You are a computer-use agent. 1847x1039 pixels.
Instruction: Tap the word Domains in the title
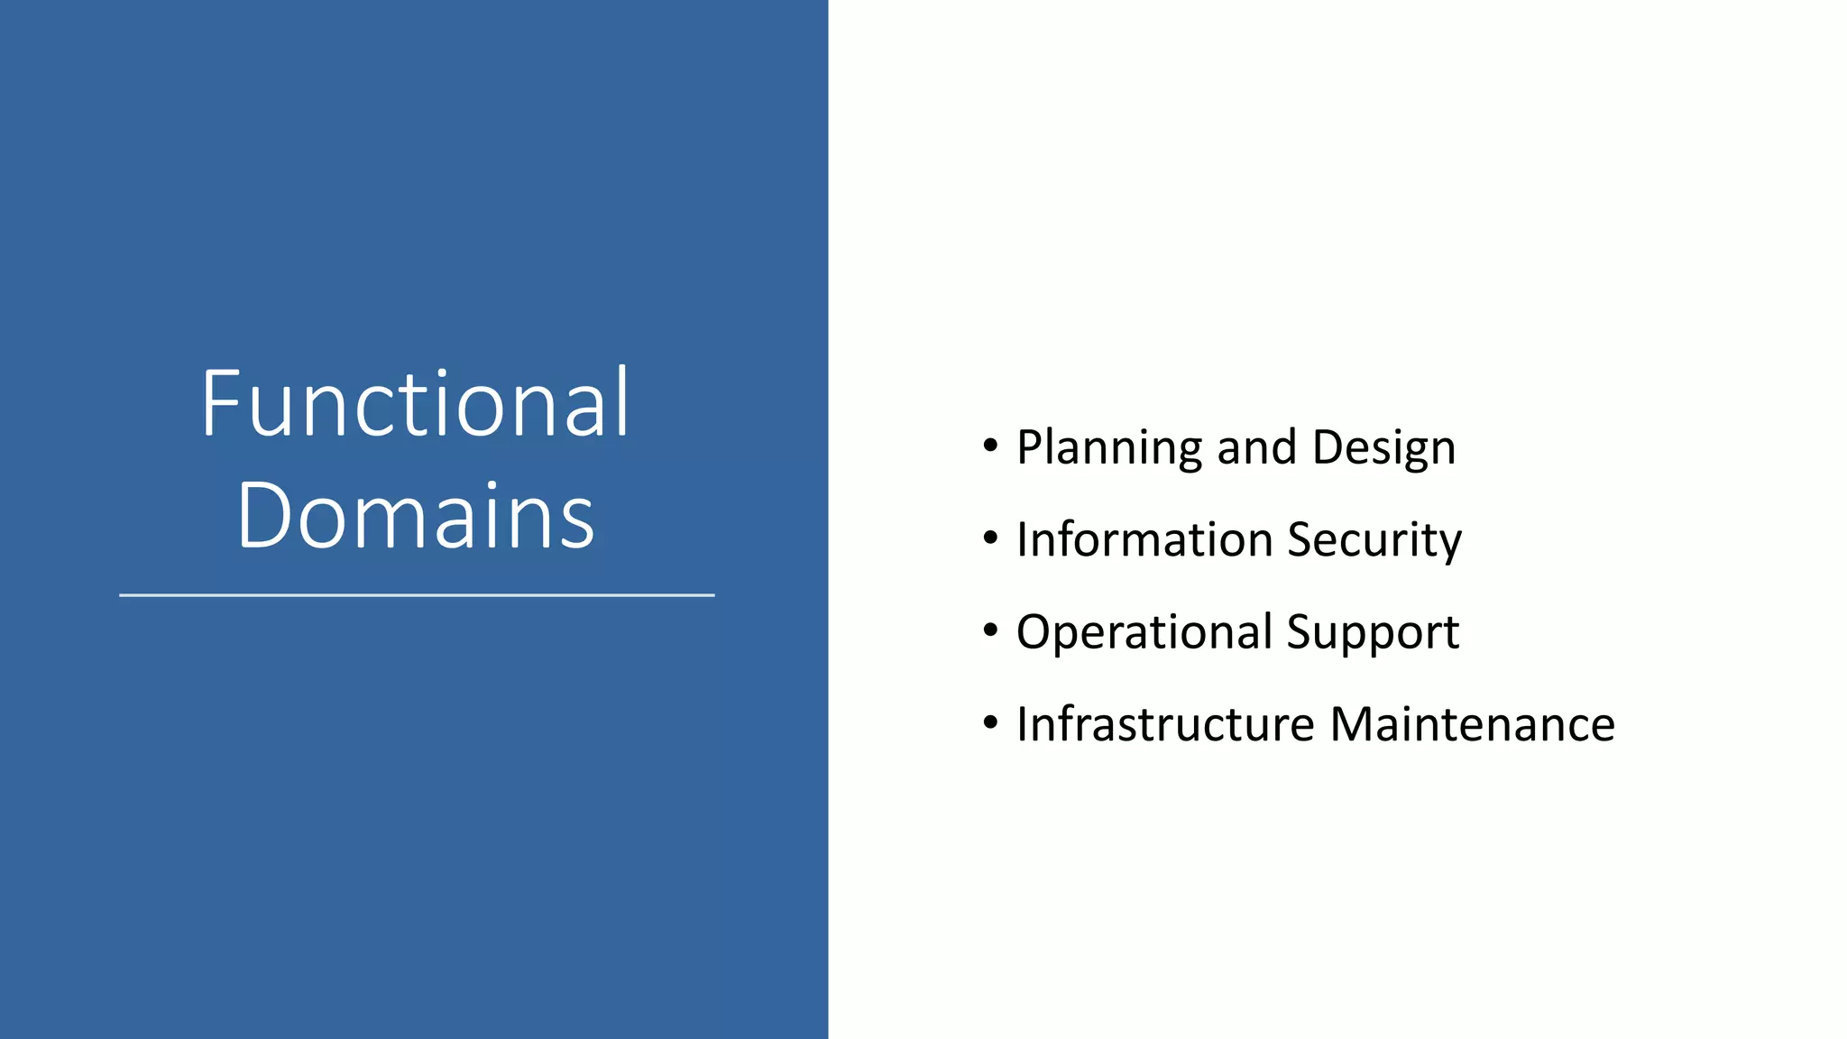416,516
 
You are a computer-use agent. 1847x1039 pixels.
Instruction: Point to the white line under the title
417,595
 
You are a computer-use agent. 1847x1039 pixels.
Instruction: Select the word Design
1383,448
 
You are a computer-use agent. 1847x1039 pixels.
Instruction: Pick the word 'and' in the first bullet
1256,447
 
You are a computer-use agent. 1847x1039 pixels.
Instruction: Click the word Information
1144,539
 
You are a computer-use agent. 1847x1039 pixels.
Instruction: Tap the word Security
1374,541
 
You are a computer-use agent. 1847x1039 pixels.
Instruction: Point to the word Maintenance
1473,724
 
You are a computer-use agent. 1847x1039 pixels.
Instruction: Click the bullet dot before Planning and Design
991,446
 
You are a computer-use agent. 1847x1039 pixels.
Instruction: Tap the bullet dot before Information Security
991,538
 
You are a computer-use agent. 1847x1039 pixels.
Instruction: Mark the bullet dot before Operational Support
991,630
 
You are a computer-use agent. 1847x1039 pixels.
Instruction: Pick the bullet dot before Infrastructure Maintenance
991,722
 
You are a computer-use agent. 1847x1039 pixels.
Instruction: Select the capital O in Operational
1036,631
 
